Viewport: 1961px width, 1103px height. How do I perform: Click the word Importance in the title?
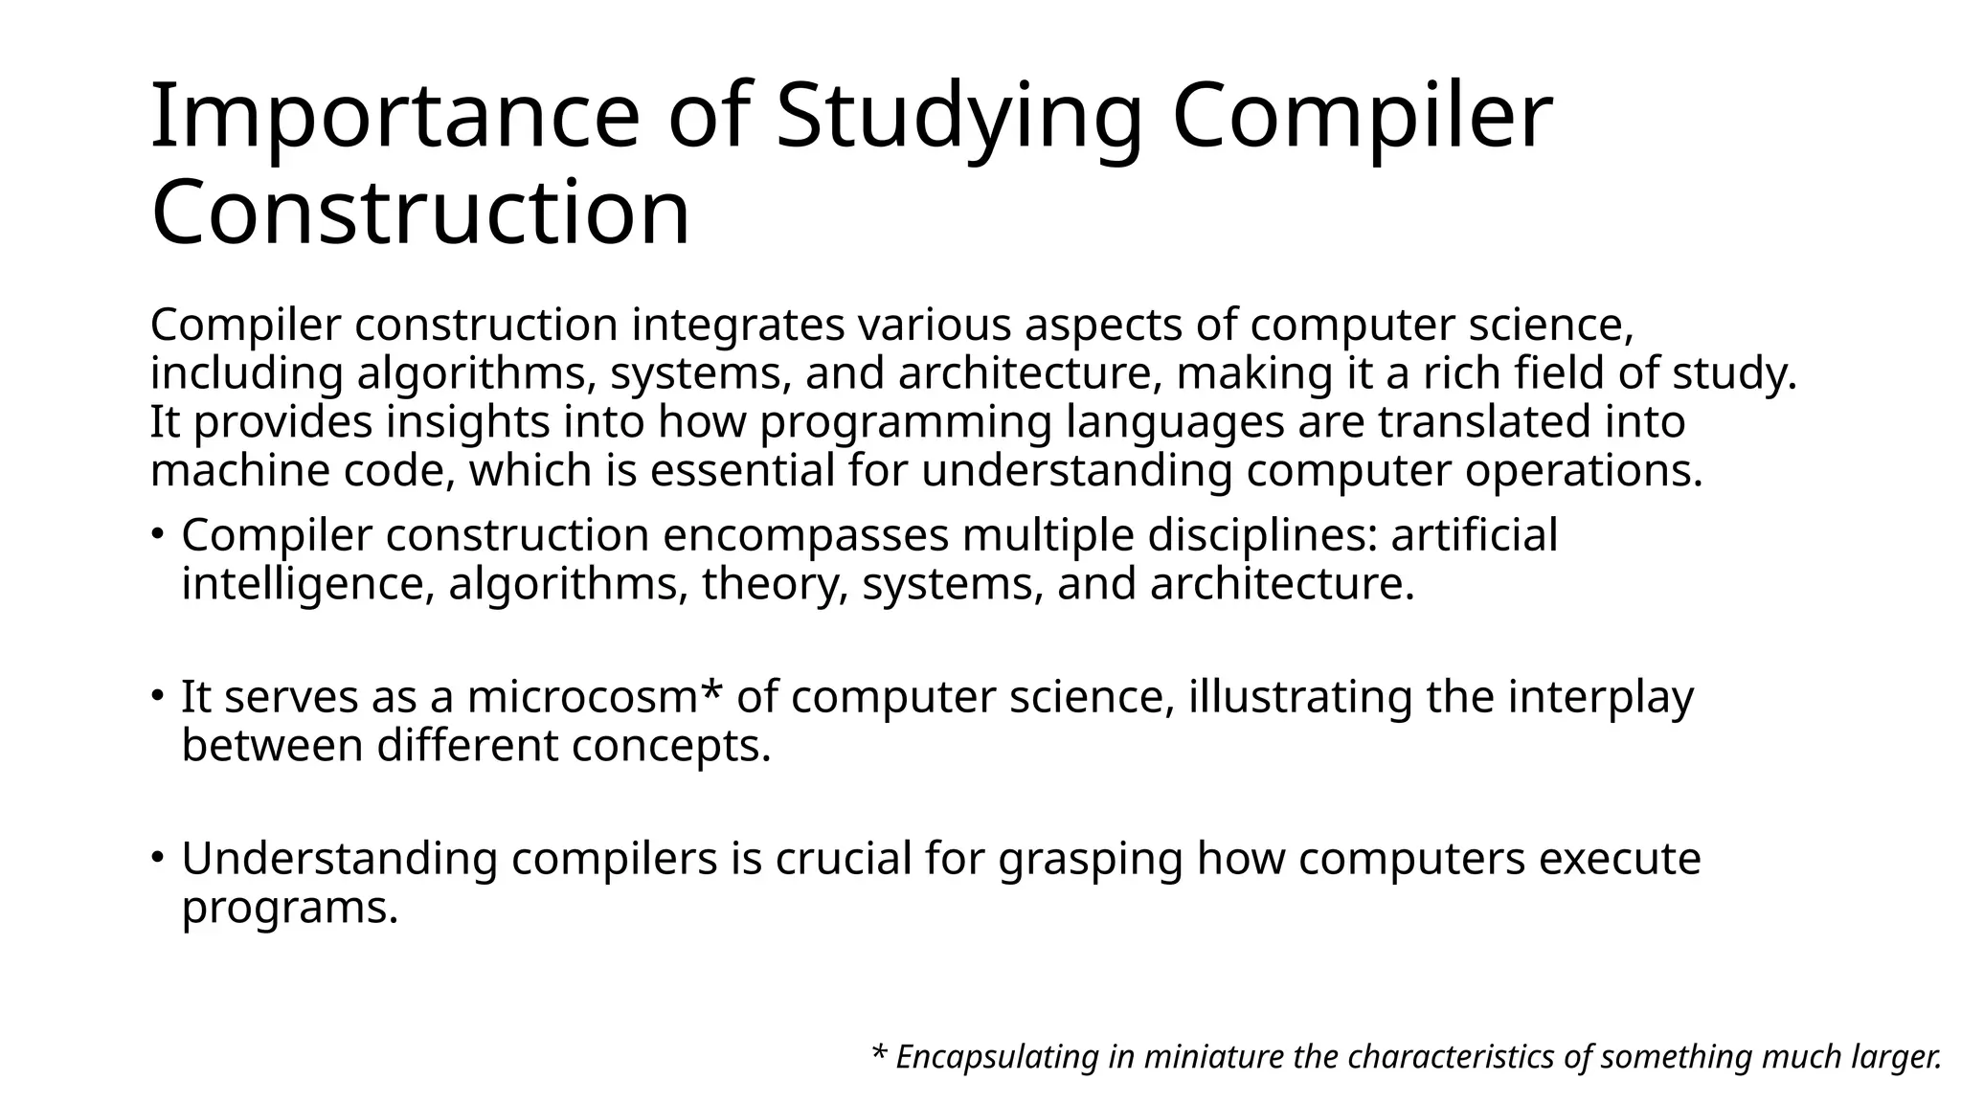(x=394, y=118)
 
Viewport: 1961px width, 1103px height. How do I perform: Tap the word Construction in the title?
(x=420, y=213)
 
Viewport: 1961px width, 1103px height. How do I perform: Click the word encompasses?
(x=805, y=534)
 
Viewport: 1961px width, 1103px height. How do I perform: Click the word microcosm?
(x=581, y=697)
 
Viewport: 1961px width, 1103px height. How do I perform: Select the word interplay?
(x=1600, y=697)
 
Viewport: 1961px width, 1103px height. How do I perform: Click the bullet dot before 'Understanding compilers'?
(x=159, y=856)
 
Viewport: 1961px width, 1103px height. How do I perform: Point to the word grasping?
(x=1091, y=859)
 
